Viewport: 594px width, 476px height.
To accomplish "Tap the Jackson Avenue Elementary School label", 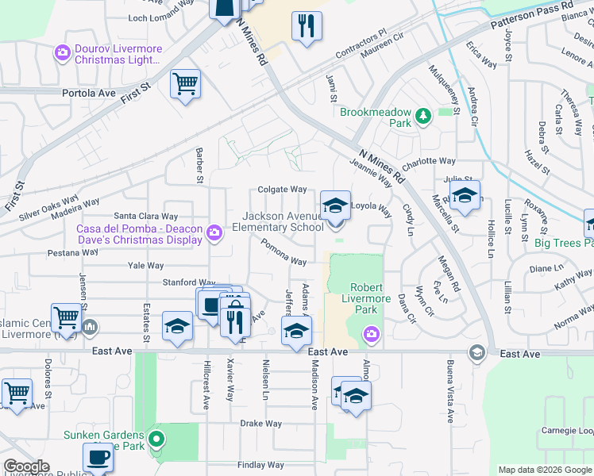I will coord(283,221).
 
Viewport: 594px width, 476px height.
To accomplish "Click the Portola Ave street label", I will coord(89,93).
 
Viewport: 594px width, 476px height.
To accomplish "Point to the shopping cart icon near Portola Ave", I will coord(185,83).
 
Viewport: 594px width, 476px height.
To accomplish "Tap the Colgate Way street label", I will coord(282,190).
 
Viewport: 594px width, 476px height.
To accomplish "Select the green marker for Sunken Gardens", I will coord(157,437).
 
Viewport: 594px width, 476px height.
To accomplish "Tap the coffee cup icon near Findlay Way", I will coord(98,458).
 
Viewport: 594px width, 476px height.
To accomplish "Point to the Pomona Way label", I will coord(283,255).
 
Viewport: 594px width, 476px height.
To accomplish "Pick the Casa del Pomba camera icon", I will coord(213,232).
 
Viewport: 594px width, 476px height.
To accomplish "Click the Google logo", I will coord(26,466).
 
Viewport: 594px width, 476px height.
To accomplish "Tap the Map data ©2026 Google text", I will coord(545,470).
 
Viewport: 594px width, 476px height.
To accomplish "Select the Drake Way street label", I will coord(261,424).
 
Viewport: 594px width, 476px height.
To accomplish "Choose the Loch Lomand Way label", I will coord(161,17).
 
